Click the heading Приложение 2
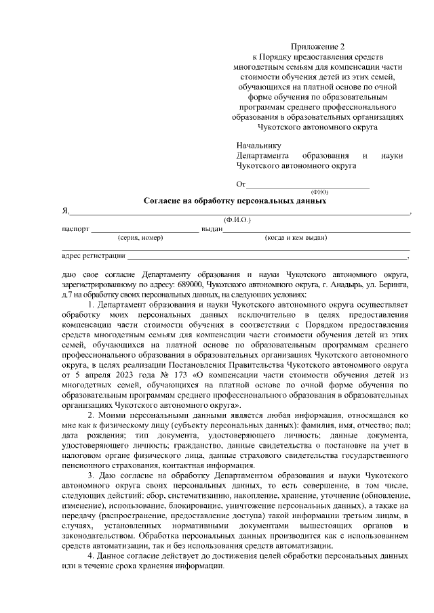[318, 47]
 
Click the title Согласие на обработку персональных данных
[235, 201]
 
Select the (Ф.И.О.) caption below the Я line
[237, 220]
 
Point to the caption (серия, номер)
[140, 238]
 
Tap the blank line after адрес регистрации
[267, 258]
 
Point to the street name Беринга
[391, 286]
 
